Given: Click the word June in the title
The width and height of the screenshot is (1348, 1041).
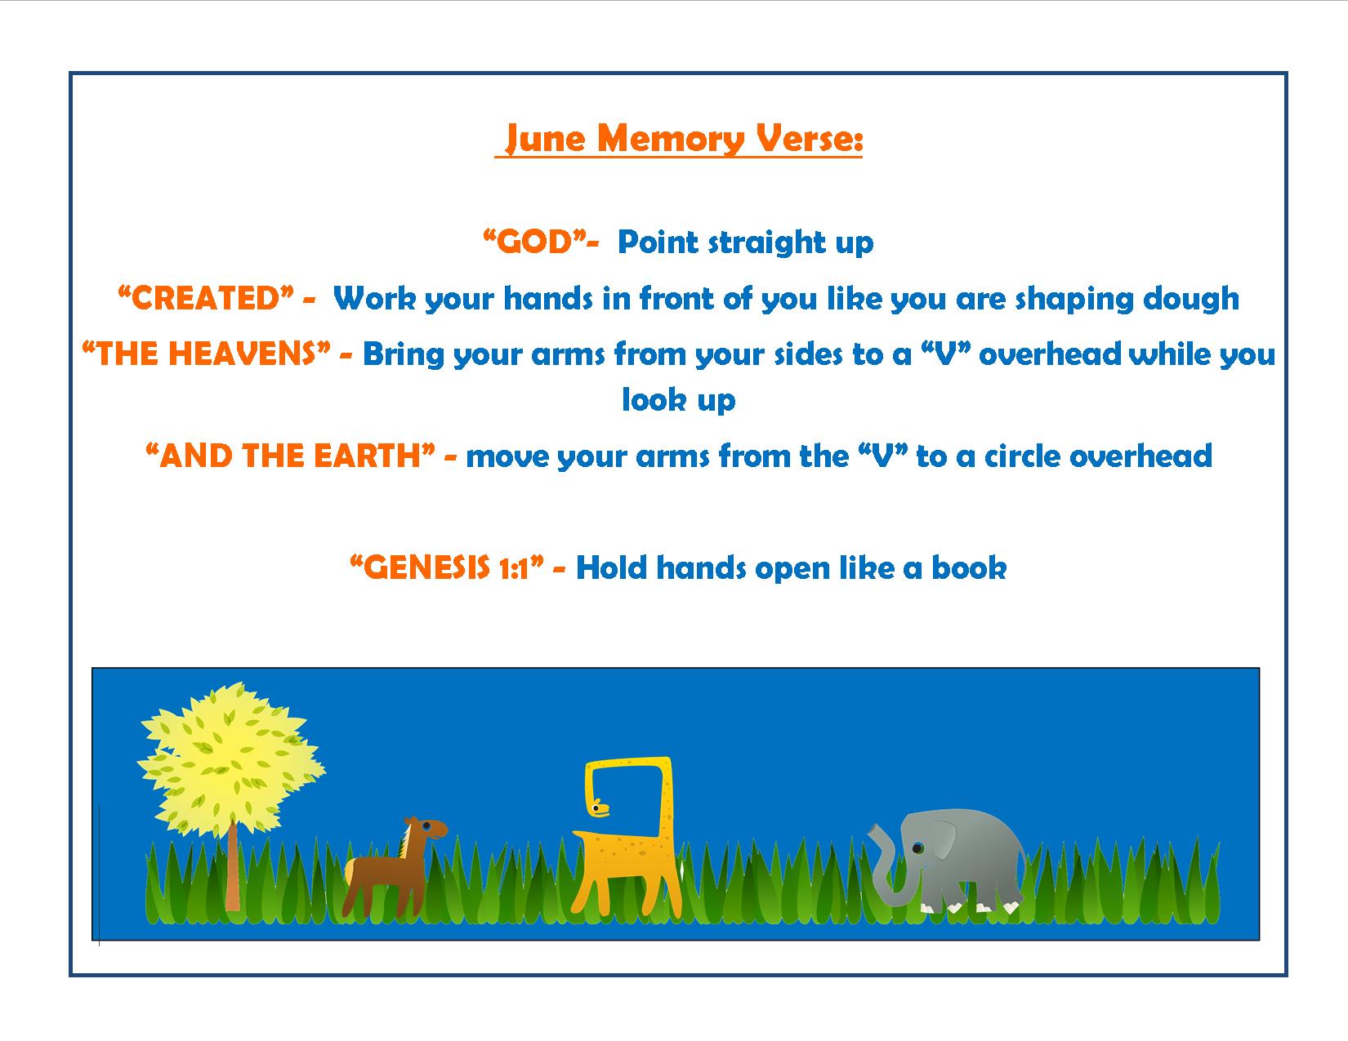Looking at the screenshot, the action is [x=545, y=139].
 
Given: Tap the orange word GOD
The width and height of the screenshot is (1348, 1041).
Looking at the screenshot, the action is [x=534, y=242].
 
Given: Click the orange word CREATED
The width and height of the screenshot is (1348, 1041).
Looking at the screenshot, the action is [x=205, y=298].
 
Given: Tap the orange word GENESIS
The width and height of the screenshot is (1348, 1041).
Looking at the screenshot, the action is [x=426, y=568].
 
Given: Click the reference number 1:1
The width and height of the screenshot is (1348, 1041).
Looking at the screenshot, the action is [x=514, y=568].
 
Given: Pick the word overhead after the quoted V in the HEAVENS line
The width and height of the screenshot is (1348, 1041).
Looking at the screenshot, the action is [x=1050, y=354].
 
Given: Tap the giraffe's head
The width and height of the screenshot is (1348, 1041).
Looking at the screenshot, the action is [x=600, y=807].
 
